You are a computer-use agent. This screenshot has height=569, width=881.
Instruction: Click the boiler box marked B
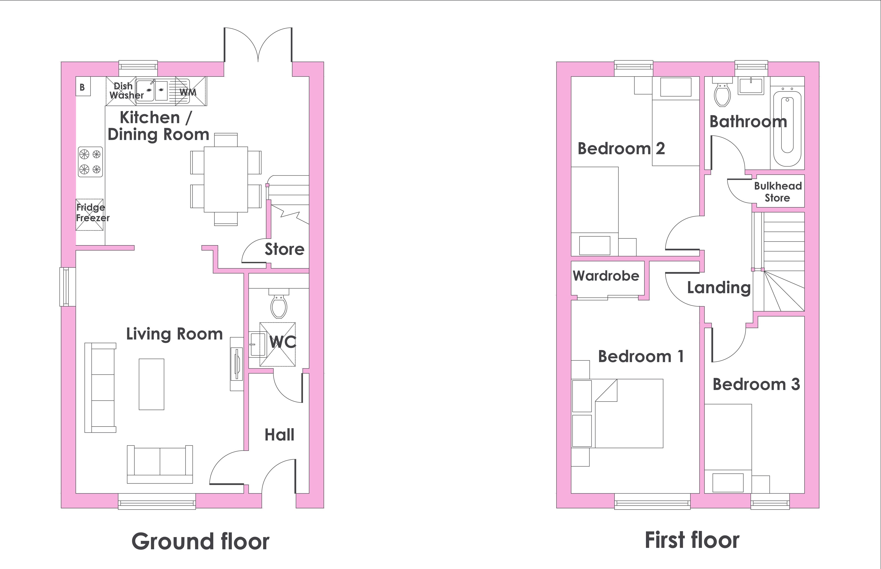pyautogui.click(x=83, y=86)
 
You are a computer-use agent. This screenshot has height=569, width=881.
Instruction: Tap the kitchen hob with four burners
pyautogui.click(x=90, y=162)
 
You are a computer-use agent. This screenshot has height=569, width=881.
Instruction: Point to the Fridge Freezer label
pyautogui.click(x=93, y=212)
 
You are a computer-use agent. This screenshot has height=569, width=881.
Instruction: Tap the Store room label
pyautogui.click(x=285, y=249)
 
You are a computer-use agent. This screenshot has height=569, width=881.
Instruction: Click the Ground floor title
pyautogui.click(x=201, y=542)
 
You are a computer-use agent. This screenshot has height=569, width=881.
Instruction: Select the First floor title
pyautogui.click(x=692, y=540)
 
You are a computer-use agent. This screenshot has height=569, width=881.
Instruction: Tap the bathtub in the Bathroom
pyautogui.click(x=787, y=127)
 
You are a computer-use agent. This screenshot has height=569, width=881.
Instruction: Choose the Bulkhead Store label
pyautogui.click(x=778, y=192)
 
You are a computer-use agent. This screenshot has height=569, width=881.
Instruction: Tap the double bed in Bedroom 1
pyautogui.click(x=629, y=413)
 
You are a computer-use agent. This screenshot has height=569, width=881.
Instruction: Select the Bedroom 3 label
pyautogui.click(x=756, y=384)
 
